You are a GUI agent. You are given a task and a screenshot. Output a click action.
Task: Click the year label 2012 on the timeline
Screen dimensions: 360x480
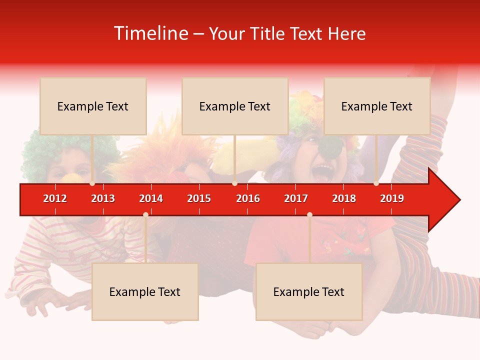point(55,198)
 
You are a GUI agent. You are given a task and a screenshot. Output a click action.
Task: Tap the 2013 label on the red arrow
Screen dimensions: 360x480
point(103,198)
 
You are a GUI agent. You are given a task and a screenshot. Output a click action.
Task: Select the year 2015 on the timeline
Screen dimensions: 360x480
point(199,198)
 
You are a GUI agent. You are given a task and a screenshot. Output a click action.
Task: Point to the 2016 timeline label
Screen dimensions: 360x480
point(248,198)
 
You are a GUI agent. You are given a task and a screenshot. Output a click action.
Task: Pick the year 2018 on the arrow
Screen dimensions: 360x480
point(344,198)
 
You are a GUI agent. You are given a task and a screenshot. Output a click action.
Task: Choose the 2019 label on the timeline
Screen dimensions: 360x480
point(392,198)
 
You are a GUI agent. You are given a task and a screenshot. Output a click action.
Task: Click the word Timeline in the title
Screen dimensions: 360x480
point(150,33)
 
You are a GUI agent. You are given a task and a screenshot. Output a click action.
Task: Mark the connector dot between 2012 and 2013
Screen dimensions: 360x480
point(92,183)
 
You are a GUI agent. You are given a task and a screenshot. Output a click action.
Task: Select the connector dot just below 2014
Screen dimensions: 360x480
point(145,215)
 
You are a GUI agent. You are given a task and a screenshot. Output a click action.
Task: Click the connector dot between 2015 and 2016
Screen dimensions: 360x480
point(234,183)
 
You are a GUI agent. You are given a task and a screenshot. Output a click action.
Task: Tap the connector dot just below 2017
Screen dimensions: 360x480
point(309,215)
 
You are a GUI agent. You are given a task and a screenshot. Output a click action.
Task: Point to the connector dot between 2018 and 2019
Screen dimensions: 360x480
point(376,183)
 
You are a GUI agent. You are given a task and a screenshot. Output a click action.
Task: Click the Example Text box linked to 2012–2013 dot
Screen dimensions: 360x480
point(93,106)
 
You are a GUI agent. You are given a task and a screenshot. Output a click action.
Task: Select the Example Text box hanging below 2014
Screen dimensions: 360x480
point(145,291)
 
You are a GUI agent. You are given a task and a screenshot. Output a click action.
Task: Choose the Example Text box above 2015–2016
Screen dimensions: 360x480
point(235,106)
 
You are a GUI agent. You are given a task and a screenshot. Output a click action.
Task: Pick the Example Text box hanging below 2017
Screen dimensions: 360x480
point(309,291)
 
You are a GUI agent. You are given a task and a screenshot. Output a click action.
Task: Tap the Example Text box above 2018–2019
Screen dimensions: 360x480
point(377,106)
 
